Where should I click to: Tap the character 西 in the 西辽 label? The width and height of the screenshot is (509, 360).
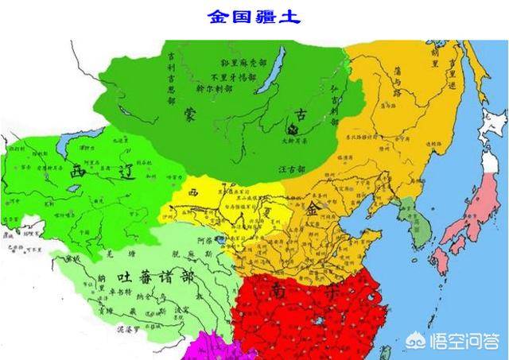click(77, 170)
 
